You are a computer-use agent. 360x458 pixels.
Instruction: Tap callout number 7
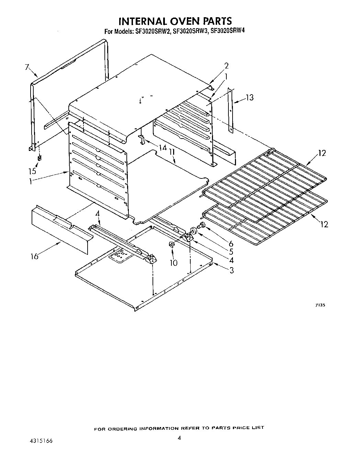(27, 67)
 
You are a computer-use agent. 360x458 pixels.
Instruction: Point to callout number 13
(250, 98)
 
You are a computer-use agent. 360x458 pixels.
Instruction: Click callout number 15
(32, 171)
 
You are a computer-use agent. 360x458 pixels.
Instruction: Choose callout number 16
(34, 256)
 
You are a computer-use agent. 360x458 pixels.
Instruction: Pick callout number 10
(174, 263)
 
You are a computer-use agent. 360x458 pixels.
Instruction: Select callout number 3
(232, 271)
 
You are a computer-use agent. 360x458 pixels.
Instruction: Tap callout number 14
(162, 148)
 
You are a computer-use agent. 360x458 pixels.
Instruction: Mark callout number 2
(226, 66)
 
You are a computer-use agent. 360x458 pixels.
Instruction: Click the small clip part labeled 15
(40, 158)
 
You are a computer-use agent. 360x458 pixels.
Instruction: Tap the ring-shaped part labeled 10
(171, 244)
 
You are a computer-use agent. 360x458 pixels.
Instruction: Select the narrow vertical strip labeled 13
(232, 110)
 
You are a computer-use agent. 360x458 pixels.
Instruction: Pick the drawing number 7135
(319, 305)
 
